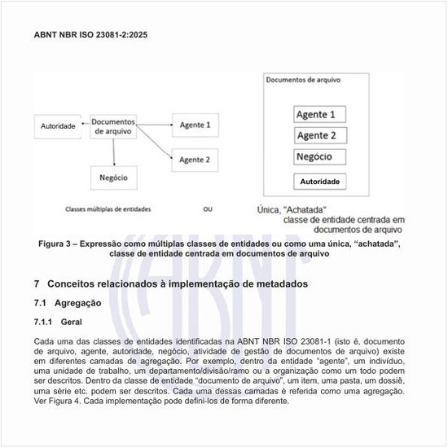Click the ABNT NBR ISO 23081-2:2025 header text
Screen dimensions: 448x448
(90, 36)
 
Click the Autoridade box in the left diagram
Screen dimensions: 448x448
(58, 126)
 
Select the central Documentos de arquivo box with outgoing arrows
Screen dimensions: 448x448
(114, 125)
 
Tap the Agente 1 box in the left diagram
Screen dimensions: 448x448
(195, 125)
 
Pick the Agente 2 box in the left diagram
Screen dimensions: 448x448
(195, 159)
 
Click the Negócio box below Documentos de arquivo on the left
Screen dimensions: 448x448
(114, 176)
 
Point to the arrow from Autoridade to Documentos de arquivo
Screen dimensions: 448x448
(84, 126)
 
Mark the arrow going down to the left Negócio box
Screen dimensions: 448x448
(114, 152)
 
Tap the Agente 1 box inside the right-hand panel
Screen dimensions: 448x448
(320, 114)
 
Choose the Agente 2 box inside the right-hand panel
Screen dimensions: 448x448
(320, 135)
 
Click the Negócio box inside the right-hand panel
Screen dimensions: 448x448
(319, 156)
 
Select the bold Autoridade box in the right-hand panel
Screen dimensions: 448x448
(319, 181)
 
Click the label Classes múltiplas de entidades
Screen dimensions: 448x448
(108, 209)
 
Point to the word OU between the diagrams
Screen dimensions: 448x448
(208, 209)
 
